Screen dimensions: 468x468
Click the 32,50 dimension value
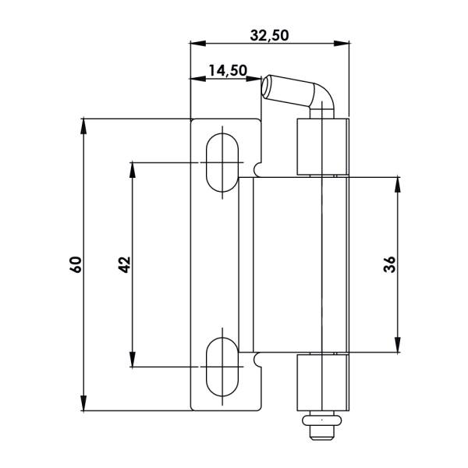click(x=269, y=36)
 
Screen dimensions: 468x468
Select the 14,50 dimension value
click(x=228, y=71)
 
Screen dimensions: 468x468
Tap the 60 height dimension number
click(x=76, y=264)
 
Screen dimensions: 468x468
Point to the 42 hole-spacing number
click(x=125, y=264)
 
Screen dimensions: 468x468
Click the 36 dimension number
click(x=389, y=264)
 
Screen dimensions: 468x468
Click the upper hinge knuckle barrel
click(x=323, y=147)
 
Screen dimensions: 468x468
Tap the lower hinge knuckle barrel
click(x=323, y=382)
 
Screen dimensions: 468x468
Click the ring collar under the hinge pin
click(x=321, y=420)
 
